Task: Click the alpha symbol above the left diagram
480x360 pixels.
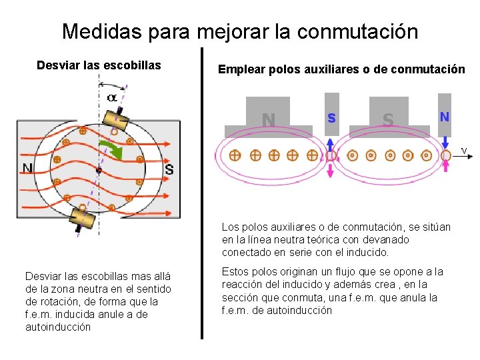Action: (x=112, y=97)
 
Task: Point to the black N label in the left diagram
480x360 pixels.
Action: (x=27, y=168)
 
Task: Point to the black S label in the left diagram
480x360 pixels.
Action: (x=169, y=169)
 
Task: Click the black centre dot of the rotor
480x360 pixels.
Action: (x=98, y=171)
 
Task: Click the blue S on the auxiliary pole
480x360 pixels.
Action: (x=331, y=117)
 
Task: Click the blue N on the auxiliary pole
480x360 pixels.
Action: (x=444, y=116)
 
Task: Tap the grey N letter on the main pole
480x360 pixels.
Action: (x=268, y=120)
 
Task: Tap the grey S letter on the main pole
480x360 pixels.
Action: (x=388, y=120)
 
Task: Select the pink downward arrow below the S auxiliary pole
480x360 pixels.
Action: (x=331, y=171)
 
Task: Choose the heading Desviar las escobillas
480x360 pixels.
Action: (x=99, y=65)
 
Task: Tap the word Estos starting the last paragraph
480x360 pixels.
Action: (x=235, y=272)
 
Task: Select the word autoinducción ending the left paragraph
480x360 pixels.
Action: (x=57, y=327)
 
